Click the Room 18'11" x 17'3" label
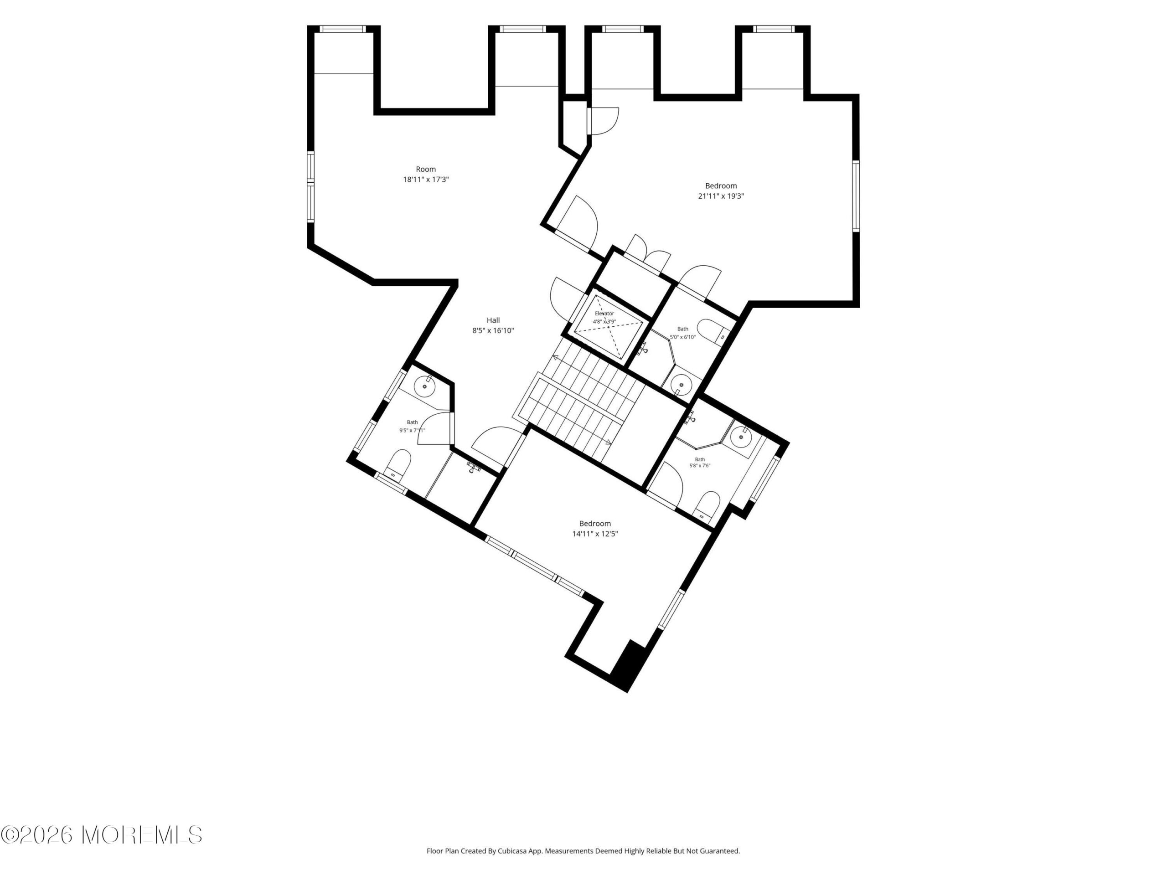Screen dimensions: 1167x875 [x=426, y=174]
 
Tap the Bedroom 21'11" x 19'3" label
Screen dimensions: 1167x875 [x=721, y=191]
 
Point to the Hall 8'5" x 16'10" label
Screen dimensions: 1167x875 [x=493, y=325]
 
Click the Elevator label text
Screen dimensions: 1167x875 [x=604, y=313]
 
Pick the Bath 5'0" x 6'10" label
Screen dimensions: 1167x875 [x=683, y=333]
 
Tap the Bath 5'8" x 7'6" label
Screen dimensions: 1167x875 [x=700, y=463]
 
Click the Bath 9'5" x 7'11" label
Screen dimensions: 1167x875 [x=412, y=426]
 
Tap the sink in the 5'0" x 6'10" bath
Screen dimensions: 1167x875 [x=681, y=385]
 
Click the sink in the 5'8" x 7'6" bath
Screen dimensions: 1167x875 [x=741, y=437]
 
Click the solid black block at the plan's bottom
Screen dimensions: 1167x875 [x=630, y=665]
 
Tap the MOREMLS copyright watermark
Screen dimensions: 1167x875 [x=101, y=835]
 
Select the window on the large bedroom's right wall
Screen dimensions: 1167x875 [x=856, y=196]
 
